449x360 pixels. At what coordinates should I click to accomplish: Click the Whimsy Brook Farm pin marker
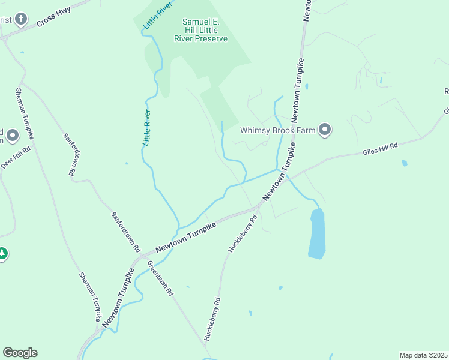click(325, 130)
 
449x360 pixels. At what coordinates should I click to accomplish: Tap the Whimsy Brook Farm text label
click(278, 130)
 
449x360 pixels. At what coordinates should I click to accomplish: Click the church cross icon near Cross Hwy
click(21, 20)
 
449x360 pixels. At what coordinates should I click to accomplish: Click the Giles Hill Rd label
click(380, 149)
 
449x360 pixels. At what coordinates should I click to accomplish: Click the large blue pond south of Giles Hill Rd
click(316, 234)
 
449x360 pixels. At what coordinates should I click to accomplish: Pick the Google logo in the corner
click(20, 353)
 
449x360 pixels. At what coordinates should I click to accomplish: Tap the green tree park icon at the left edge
click(2, 254)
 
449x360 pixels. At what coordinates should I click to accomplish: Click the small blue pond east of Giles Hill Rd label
click(404, 163)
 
